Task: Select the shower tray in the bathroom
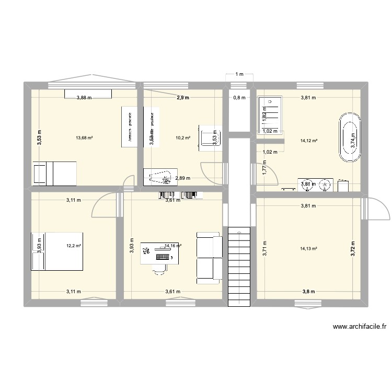pos(270,116)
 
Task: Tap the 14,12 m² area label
pos(309,141)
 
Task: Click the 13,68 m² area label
pos(84,138)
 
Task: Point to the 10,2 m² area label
pos(183,139)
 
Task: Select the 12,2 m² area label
pos(73,245)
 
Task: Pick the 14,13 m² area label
pos(309,249)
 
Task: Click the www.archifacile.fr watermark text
pos(359,327)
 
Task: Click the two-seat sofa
pos(209,256)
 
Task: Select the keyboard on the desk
pos(162,257)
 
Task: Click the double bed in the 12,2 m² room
pos(57,251)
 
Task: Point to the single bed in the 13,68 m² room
pos(54,173)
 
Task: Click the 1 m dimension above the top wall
pos(239,74)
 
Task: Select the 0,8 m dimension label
pos(239,97)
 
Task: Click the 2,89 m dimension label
pos(183,178)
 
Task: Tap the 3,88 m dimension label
pos(84,97)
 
